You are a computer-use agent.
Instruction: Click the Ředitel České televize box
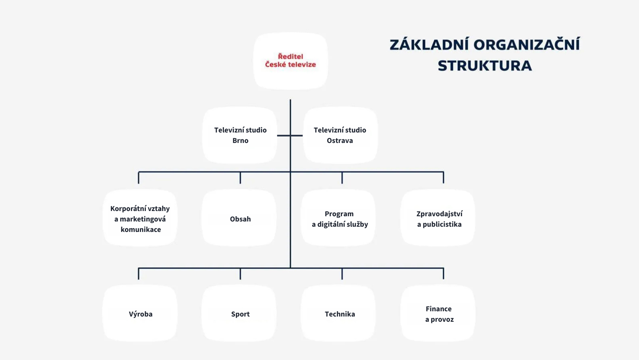290,60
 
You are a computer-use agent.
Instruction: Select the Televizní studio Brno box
240,135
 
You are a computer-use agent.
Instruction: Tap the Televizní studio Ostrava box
340,135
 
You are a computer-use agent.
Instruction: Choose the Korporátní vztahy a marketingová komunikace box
140,218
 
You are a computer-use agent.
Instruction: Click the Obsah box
240,218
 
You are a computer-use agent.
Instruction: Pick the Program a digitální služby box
339,218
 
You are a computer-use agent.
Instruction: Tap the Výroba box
140,314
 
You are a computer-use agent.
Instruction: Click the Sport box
240,314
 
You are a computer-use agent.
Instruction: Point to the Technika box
339,314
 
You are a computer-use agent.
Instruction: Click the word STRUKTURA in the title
485,66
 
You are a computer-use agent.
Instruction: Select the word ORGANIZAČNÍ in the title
527,45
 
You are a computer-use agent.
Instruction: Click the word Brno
241,141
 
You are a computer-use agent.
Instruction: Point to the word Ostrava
340,141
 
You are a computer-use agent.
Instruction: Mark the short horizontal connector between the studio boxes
290,136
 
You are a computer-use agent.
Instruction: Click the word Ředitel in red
290,56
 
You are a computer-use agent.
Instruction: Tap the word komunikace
141,230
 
